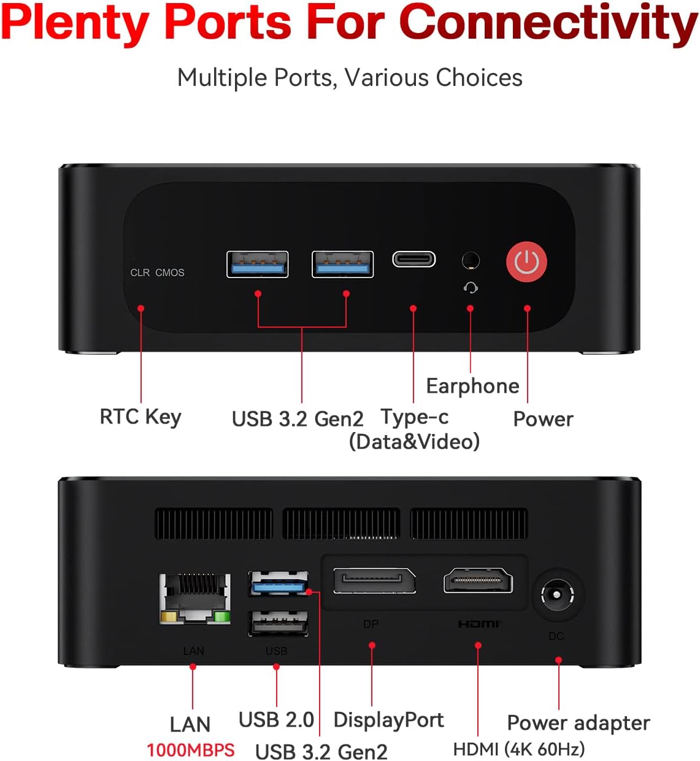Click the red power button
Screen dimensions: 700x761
point(526,261)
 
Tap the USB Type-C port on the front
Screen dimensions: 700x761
point(413,259)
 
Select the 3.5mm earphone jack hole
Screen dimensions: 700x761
point(471,261)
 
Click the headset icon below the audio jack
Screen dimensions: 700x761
point(471,288)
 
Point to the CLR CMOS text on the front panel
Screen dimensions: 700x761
point(157,272)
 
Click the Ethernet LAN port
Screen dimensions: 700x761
point(194,598)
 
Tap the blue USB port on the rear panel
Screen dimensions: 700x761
point(278,584)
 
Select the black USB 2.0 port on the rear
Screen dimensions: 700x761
point(278,623)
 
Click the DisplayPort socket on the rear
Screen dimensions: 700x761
point(374,581)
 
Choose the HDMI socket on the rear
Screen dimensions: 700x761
point(478,580)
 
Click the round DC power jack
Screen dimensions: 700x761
point(557,594)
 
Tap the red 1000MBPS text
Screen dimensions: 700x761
point(191,750)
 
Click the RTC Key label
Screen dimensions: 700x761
point(140,417)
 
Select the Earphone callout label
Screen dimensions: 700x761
point(473,386)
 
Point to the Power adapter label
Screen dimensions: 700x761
point(579,723)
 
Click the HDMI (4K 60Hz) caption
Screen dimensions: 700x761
point(519,749)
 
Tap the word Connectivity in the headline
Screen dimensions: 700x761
point(548,23)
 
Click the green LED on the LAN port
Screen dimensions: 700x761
point(222,617)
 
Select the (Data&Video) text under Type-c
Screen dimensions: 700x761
point(414,442)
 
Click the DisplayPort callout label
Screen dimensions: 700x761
point(388,720)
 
